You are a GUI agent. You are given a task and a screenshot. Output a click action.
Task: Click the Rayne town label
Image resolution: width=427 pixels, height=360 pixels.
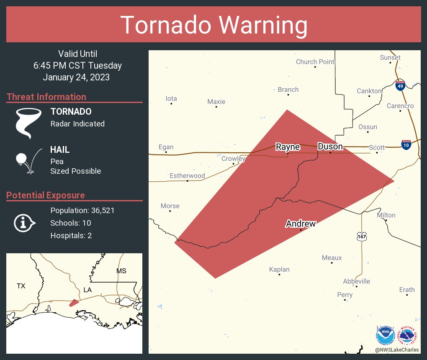tap(288, 147)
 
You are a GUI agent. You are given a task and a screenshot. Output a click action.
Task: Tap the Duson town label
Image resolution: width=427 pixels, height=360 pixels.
tap(330, 147)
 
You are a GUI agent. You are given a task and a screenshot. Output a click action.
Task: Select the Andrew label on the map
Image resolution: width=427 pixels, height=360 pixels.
tap(301, 224)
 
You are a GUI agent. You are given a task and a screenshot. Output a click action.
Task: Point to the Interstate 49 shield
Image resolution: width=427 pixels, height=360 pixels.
tap(400, 85)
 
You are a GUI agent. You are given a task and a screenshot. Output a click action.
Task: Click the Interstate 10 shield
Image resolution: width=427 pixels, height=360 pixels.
tap(406, 145)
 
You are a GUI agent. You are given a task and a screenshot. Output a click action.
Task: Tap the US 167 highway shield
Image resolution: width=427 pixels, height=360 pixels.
tap(362, 237)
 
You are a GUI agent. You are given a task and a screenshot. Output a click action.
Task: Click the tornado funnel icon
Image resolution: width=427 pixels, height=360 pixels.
tap(28, 123)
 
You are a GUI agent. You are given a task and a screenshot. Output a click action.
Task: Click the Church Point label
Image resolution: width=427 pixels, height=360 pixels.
tap(315, 62)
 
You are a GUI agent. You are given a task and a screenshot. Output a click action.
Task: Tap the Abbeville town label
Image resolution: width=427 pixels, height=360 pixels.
tap(357, 281)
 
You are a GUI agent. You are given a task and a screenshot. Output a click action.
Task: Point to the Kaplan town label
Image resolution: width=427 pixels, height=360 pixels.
tap(279, 270)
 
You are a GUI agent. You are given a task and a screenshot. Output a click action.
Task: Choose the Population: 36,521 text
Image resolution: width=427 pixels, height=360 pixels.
tap(82, 211)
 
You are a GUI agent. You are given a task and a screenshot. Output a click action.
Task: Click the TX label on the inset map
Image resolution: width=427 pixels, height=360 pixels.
tap(21, 286)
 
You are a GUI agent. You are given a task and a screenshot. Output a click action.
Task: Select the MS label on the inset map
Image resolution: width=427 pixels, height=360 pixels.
tap(121, 271)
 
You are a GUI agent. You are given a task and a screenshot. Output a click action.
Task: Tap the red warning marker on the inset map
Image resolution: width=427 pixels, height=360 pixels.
tap(74, 303)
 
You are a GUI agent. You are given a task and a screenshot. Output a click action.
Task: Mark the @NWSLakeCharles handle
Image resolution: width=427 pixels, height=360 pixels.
tap(397, 350)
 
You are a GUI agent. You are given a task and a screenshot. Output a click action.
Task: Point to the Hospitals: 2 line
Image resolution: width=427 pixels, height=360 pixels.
tap(71, 236)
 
